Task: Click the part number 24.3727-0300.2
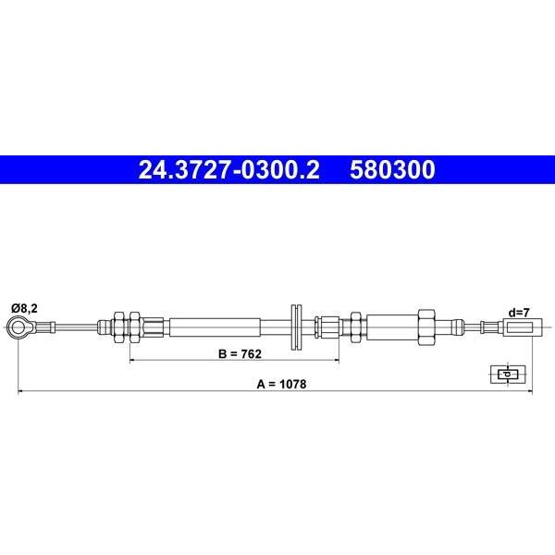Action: pos(229,169)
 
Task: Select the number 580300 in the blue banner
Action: pos(392,169)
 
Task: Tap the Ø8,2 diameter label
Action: pos(24,308)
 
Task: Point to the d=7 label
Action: pos(519,313)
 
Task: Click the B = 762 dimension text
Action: pos(240,353)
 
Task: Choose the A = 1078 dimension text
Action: pos(281,384)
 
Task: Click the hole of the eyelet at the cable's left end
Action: pos(17,327)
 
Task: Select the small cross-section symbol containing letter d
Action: pos(508,374)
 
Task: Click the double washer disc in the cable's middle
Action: pos(296,327)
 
